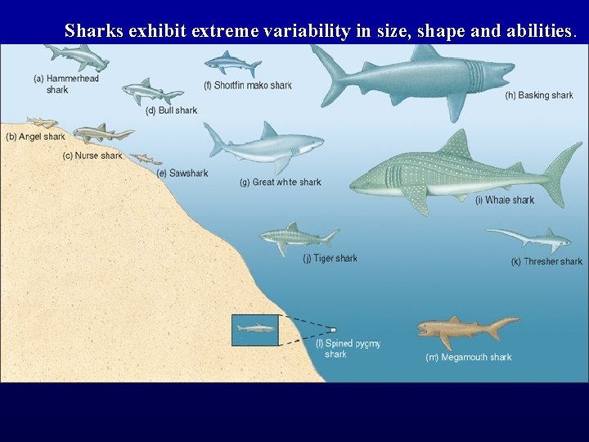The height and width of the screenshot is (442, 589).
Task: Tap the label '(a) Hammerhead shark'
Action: point(65,83)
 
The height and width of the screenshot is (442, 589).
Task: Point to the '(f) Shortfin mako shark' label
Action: point(248,85)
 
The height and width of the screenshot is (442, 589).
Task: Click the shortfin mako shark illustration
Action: point(232,62)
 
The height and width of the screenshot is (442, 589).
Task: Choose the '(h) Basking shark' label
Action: point(539,96)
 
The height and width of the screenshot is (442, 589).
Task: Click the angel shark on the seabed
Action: point(42,123)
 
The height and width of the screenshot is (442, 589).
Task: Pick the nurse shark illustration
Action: point(102,133)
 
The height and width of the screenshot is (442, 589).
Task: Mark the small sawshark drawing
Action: point(147,158)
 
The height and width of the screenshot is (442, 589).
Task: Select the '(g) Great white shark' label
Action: point(281,182)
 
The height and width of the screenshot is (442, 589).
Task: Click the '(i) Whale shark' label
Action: point(505,200)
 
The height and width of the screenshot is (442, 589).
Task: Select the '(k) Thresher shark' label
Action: point(546,262)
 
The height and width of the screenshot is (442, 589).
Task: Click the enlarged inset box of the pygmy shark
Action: point(255,329)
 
